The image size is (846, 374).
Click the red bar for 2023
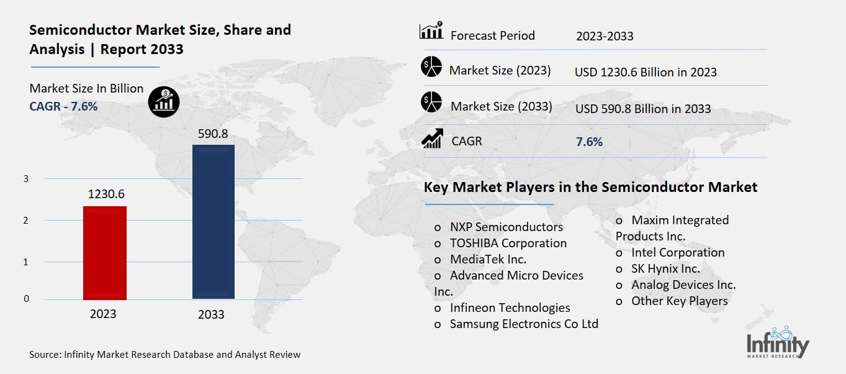coord(104,253)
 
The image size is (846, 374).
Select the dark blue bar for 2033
coord(213,222)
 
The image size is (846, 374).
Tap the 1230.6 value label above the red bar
coord(106,194)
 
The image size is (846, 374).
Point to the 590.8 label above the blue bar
coord(214,133)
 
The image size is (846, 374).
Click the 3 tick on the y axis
coord(26,179)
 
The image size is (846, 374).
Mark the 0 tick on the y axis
coord(26,299)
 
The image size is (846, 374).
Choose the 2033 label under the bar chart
coord(211,314)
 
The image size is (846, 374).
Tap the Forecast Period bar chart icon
coord(431,30)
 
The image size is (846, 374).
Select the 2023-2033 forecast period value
coord(605,36)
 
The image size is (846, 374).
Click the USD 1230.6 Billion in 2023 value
coord(646,72)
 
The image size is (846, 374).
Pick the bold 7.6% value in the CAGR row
coord(589,142)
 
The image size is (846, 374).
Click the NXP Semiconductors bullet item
coord(506,227)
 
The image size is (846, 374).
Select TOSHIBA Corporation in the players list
coord(508,243)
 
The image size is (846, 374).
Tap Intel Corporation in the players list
coord(677,252)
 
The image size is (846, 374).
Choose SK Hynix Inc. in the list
coord(665,268)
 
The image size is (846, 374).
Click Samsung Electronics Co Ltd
coord(523,324)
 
